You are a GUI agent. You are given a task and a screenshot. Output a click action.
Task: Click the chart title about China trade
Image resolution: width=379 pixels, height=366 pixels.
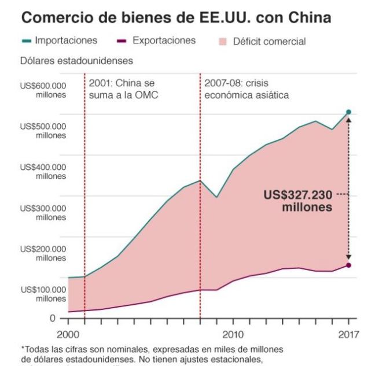pyautogui.click(x=176, y=17)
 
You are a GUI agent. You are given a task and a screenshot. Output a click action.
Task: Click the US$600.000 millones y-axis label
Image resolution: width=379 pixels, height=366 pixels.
pyautogui.click(x=44, y=90)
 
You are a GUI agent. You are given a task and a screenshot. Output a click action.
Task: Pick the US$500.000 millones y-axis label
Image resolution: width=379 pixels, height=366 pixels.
pyautogui.click(x=44, y=131)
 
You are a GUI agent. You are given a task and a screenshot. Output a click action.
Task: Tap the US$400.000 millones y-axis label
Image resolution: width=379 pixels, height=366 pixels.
pyautogui.click(x=44, y=172)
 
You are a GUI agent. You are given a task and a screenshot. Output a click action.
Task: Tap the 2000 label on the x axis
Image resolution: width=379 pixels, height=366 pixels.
pyautogui.click(x=68, y=334)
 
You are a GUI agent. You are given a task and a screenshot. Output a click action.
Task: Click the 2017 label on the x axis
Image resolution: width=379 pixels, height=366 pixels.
pyautogui.click(x=348, y=334)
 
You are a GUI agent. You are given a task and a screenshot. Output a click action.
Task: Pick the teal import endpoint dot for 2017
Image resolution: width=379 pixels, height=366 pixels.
pyautogui.click(x=348, y=112)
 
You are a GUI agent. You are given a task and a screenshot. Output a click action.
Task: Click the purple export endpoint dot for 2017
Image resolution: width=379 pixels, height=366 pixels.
pyautogui.click(x=348, y=265)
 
